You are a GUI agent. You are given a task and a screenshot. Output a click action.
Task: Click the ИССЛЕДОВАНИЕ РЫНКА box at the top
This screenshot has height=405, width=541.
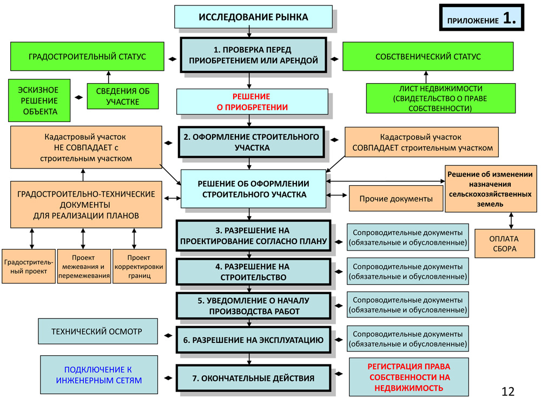pyautogui.click(x=253, y=17)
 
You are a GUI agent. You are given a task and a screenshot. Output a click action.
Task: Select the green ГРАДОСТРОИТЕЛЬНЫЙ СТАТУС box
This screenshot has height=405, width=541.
pyautogui.click(x=87, y=57)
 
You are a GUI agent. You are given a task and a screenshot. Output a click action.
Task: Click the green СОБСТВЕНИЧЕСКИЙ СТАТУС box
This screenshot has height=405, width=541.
pyautogui.click(x=428, y=57)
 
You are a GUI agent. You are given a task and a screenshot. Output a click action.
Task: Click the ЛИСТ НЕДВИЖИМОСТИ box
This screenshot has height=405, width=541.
pyautogui.click(x=440, y=98)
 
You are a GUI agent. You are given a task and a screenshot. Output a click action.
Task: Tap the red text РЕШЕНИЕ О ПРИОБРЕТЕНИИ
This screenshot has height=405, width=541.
pyautogui.click(x=252, y=102)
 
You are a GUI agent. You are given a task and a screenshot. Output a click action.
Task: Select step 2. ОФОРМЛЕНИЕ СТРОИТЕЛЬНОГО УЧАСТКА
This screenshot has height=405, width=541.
pyautogui.click(x=253, y=142)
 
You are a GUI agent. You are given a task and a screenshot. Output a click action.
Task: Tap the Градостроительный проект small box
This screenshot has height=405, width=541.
pyautogui.click(x=28, y=266)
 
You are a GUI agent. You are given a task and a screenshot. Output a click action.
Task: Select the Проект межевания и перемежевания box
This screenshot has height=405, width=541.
pyautogui.click(x=83, y=266)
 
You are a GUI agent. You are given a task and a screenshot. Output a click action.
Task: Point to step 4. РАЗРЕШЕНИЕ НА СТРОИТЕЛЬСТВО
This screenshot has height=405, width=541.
pyautogui.click(x=253, y=272)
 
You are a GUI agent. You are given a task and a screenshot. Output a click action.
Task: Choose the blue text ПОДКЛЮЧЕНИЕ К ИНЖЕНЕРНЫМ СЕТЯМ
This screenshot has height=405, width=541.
pyautogui.click(x=98, y=375)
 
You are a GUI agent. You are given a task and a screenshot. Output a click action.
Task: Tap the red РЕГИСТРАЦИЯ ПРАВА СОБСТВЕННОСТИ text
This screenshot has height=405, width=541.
pyautogui.click(x=408, y=376)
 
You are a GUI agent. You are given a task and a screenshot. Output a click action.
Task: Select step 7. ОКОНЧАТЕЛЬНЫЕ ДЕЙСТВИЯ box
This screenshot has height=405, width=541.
pyautogui.click(x=253, y=379)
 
